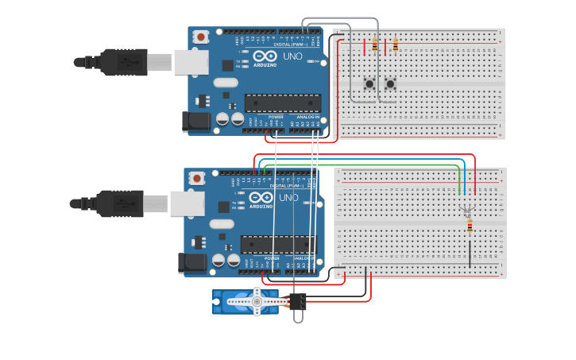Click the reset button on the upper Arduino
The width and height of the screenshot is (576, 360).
[202, 37]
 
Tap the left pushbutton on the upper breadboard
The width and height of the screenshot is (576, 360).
[369, 83]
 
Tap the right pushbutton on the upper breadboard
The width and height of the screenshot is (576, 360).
[390, 83]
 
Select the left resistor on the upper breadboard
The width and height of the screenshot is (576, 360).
[374, 45]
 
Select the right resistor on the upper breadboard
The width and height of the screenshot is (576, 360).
[395, 45]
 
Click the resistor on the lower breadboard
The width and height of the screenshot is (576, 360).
[470, 227]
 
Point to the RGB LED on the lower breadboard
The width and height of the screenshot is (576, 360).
[468, 208]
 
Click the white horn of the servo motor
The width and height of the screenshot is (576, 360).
[257, 301]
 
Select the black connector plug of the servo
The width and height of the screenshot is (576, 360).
[298, 302]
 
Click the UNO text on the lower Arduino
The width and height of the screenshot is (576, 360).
[288, 198]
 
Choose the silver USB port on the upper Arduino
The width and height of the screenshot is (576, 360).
[191, 62]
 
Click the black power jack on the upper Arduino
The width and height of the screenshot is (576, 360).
[196, 122]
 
